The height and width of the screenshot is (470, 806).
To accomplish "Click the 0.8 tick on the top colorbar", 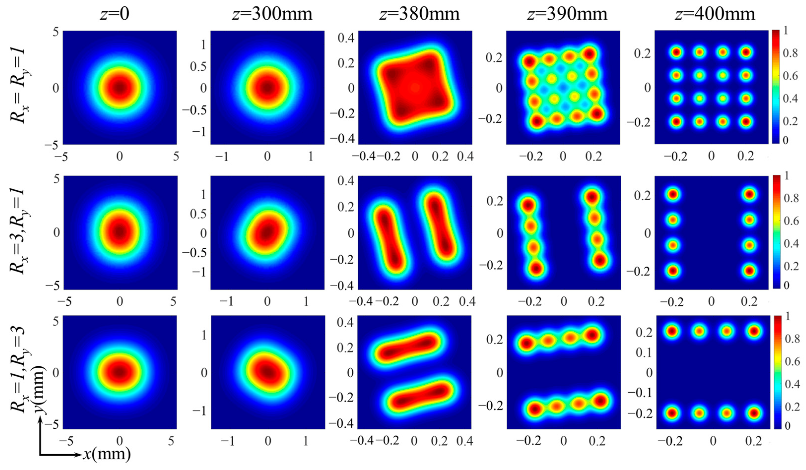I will point(790,53).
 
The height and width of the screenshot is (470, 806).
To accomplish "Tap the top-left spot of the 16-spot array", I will point(676,52).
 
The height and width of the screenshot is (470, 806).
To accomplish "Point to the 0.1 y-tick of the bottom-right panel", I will point(643,352).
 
